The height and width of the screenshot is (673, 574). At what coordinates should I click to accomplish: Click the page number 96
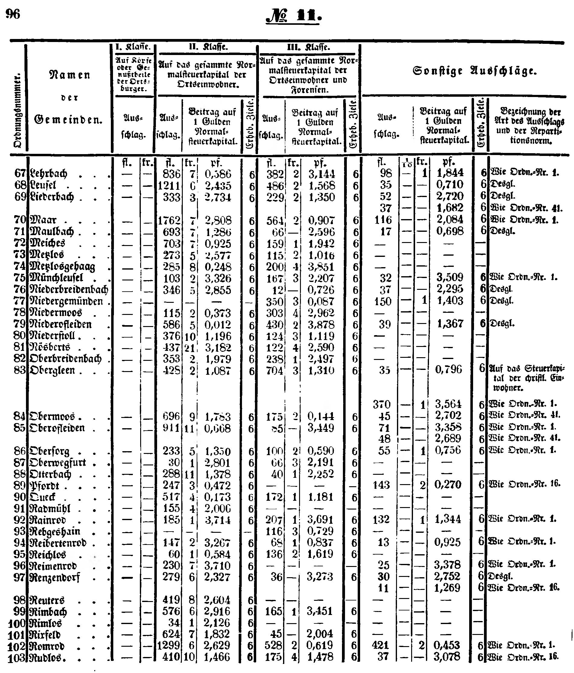(x=13, y=14)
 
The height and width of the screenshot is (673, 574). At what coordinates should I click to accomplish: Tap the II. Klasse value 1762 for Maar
(x=169, y=221)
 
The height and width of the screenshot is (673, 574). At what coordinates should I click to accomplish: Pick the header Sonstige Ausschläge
(x=474, y=71)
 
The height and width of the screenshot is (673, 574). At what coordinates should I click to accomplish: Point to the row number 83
(x=19, y=370)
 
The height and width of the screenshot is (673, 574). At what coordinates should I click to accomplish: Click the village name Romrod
(x=47, y=646)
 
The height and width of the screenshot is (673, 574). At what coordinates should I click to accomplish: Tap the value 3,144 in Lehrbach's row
(x=321, y=174)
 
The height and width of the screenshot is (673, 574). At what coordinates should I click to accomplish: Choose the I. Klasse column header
(x=134, y=47)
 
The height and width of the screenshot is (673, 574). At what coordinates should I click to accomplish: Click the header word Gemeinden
(x=68, y=120)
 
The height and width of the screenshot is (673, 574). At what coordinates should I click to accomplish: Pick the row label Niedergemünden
(x=66, y=301)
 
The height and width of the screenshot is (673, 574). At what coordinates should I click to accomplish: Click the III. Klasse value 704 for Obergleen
(x=274, y=370)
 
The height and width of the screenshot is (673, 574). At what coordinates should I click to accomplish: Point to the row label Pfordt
(x=44, y=486)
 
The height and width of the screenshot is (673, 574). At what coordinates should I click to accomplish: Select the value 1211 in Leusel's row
(x=169, y=186)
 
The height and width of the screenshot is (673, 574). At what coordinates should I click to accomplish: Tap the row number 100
(x=17, y=623)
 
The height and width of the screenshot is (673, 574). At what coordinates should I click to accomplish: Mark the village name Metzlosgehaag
(x=62, y=267)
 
